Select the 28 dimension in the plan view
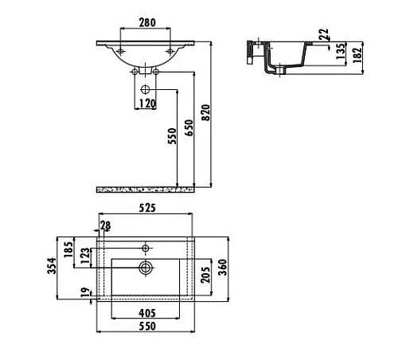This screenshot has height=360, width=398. coord(106,225)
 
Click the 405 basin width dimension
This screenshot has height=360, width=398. coord(146,313)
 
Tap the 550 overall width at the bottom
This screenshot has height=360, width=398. coord(146,327)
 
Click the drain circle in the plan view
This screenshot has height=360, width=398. coord(146,268)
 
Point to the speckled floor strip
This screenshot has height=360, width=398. coord(146,189)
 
